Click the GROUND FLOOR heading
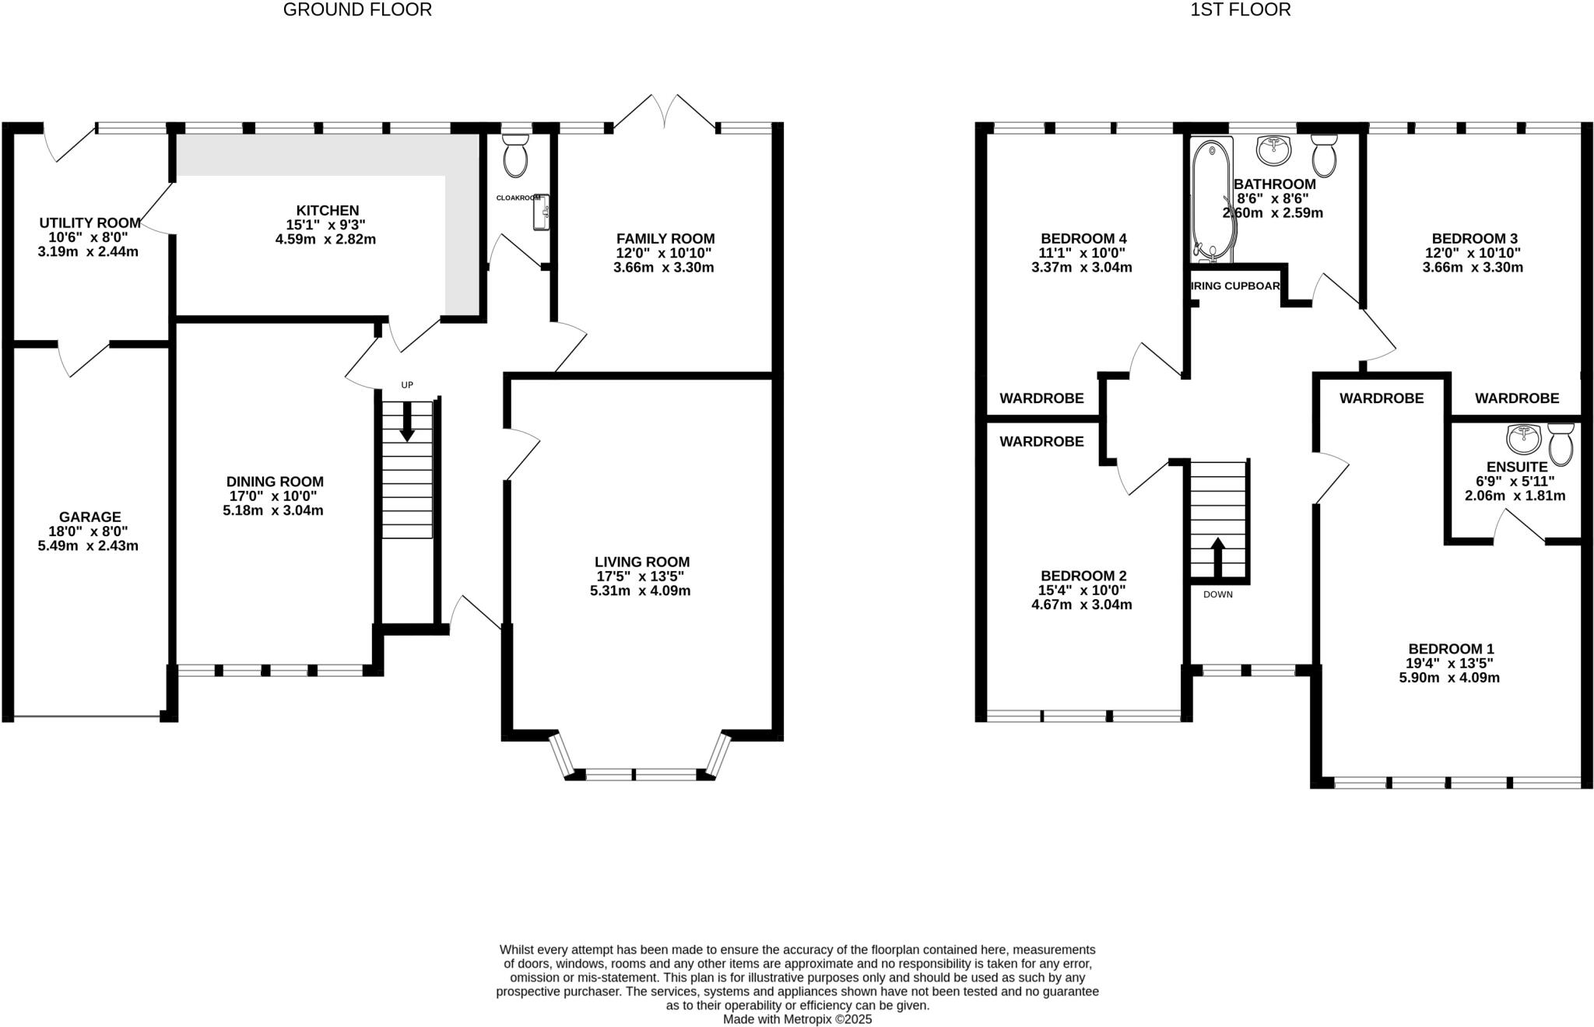(x=357, y=10)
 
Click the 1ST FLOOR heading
(x=1240, y=10)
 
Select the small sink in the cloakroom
(x=542, y=212)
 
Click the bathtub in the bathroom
(x=1212, y=198)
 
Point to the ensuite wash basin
(x=1524, y=439)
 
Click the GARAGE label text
(x=90, y=517)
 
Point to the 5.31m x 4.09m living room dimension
(x=640, y=591)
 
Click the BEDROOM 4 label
(x=1083, y=239)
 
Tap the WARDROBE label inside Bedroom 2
(x=1041, y=442)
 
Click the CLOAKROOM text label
(x=518, y=198)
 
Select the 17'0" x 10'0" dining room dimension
(x=274, y=496)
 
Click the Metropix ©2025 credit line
(x=797, y=1018)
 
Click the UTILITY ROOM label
(x=90, y=223)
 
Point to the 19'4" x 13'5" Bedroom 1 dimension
(x=1449, y=664)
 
